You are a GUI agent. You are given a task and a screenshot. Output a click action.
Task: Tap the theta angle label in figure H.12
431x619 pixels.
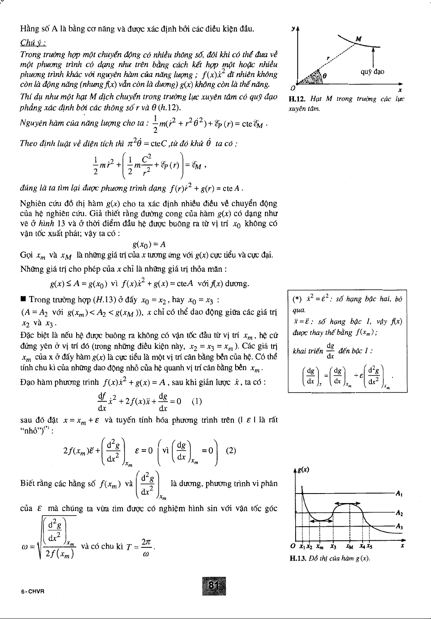[325, 76]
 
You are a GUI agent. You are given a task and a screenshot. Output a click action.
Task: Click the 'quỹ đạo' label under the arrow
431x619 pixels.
[372, 72]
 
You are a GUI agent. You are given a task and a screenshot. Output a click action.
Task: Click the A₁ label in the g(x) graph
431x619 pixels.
[400, 494]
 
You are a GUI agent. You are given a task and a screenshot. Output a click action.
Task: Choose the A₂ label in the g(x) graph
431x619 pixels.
[400, 513]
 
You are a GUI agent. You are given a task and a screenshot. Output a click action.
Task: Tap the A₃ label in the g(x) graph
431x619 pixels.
[400, 526]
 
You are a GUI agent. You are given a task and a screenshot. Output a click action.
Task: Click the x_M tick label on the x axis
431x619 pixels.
[350, 546]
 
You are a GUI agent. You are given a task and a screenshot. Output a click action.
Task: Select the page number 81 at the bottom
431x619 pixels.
[214, 585]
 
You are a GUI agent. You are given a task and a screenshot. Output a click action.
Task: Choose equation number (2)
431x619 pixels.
[231, 450]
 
